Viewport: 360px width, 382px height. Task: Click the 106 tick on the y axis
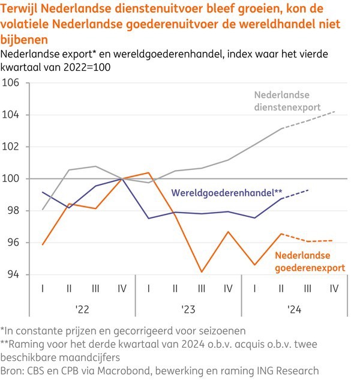click(x=11, y=82)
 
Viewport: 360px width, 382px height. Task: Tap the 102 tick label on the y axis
click(x=11, y=147)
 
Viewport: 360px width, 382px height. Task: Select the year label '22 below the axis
click(x=82, y=309)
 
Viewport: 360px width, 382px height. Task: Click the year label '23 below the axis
click(x=188, y=309)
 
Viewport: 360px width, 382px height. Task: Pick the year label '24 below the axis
click(x=293, y=309)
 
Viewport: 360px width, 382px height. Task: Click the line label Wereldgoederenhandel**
click(x=227, y=193)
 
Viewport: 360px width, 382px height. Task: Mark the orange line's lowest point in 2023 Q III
click(x=202, y=272)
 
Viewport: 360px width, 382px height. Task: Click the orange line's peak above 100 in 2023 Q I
click(x=149, y=173)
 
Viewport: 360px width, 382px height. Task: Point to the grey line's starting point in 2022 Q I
click(x=43, y=210)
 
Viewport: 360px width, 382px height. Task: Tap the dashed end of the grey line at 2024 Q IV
click(x=334, y=112)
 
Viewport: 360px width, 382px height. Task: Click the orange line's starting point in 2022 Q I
click(x=43, y=244)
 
